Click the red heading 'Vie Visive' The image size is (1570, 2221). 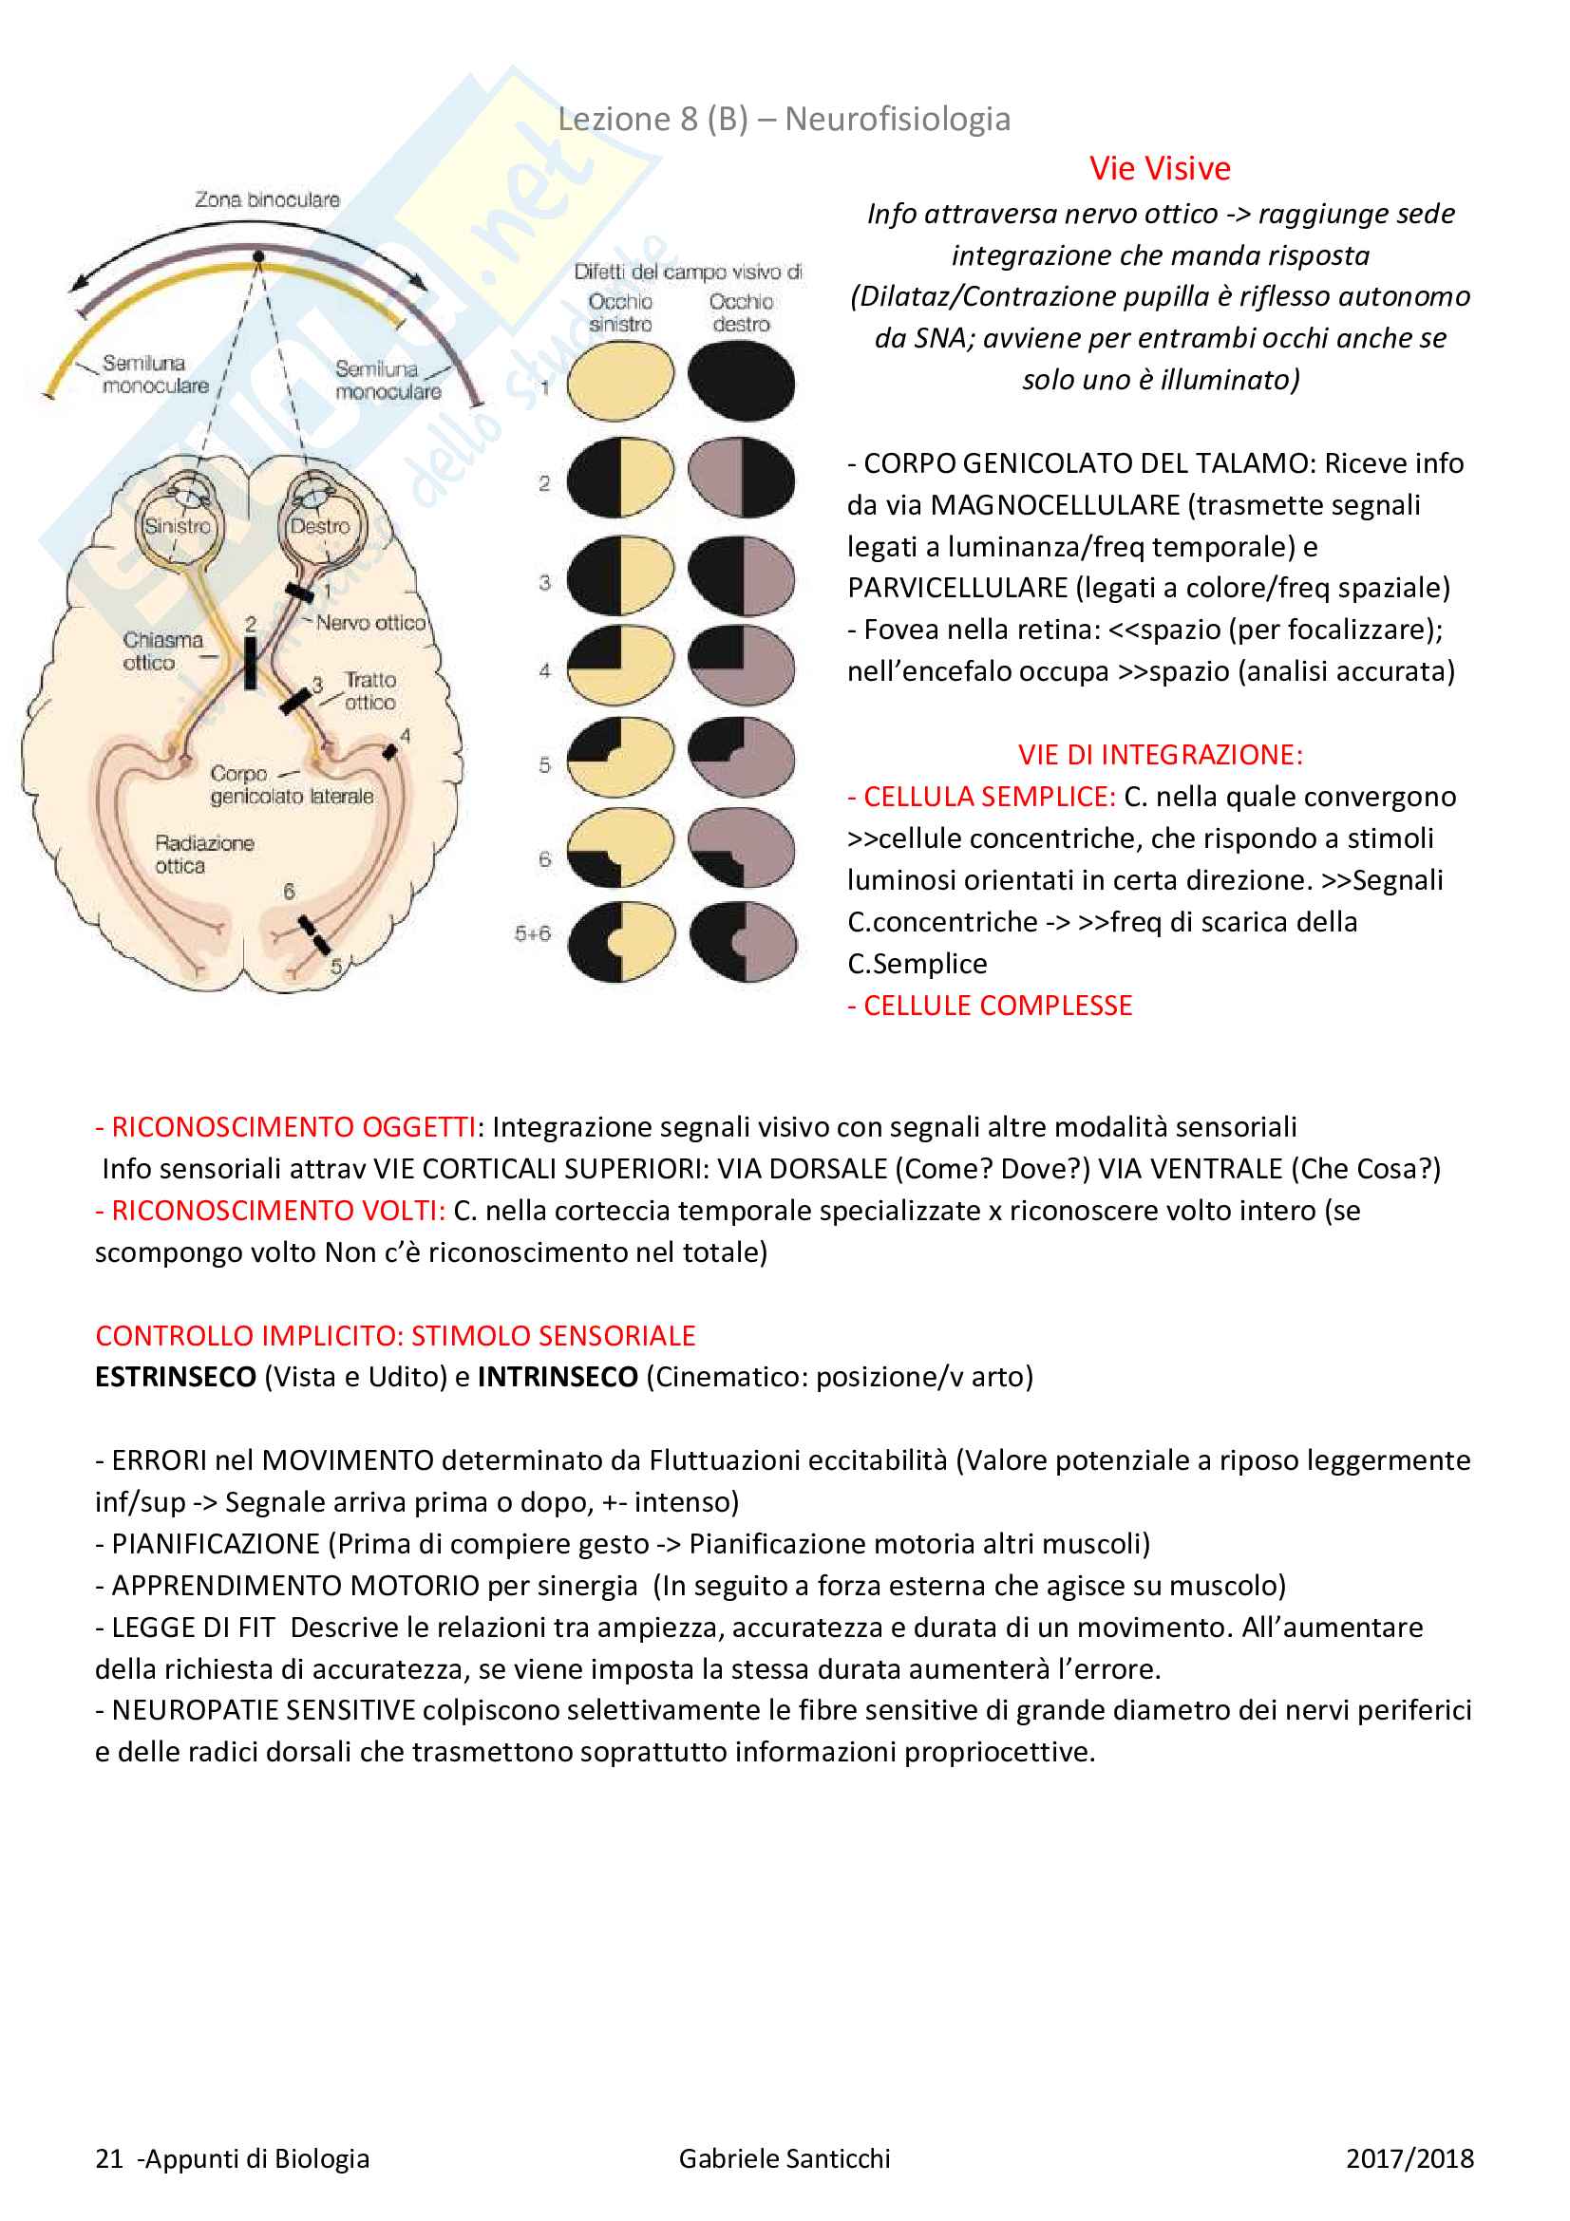pos(1159,168)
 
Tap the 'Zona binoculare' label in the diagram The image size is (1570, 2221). pos(267,200)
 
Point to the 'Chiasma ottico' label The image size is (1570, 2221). pos(161,651)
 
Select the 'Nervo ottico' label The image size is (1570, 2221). pos(370,623)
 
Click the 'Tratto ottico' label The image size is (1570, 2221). pos(369,690)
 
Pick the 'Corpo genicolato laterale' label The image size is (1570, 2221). pos(291,785)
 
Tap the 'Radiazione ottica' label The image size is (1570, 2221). pos(203,855)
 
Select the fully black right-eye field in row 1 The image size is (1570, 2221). pos(741,380)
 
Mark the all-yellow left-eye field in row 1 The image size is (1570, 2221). pos(620,381)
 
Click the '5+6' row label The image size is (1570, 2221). pos(532,933)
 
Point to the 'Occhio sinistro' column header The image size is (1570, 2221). pos(620,312)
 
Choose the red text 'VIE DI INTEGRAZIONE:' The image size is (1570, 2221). pos(1160,755)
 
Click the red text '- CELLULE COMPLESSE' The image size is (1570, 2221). pos(990,1005)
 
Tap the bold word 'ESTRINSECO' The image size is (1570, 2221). pos(175,1377)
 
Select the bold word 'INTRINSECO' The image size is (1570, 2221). pos(558,1377)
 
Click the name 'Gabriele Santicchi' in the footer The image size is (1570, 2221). pos(784,2158)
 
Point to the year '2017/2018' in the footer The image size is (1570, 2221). pos(1409,2158)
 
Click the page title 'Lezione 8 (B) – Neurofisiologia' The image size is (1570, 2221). pos(784,119)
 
